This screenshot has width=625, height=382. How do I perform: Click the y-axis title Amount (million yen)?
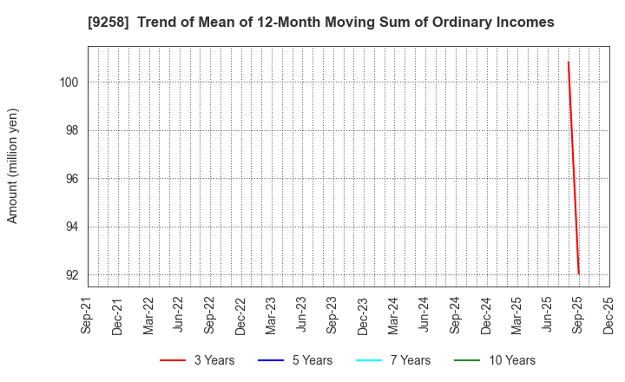(13, 166)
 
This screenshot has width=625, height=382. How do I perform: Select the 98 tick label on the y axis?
(73, 130)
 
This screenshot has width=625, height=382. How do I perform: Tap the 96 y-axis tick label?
(73, 179)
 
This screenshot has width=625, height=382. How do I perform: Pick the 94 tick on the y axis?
(73, 227)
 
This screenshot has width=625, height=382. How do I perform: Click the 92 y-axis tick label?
(73, 275)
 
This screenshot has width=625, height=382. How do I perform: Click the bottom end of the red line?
(578, 274)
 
